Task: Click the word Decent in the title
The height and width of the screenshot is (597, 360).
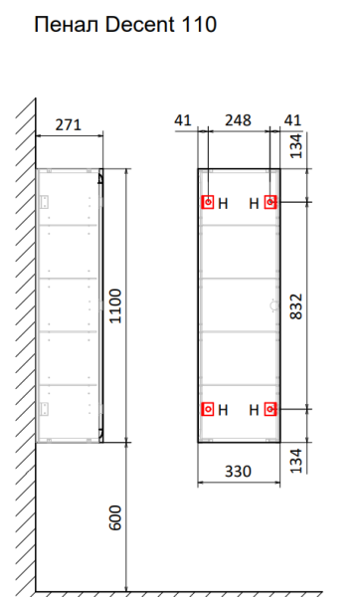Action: click(139, 25)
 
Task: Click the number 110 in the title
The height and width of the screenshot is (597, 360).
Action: click(199, 25)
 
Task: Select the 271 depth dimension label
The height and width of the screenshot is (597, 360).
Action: click(69, 125)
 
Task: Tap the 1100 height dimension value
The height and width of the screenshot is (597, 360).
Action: click(115, 306)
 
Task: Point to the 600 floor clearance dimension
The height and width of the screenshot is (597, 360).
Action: click(115, 517)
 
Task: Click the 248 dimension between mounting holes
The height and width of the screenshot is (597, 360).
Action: click(239, 120)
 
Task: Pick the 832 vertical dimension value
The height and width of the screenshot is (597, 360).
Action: click(296, 306)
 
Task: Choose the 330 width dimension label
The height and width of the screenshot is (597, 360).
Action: click(239, 472)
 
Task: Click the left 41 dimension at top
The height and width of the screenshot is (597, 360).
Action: click(183, 120)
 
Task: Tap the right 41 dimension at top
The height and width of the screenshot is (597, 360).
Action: click(292, 120)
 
